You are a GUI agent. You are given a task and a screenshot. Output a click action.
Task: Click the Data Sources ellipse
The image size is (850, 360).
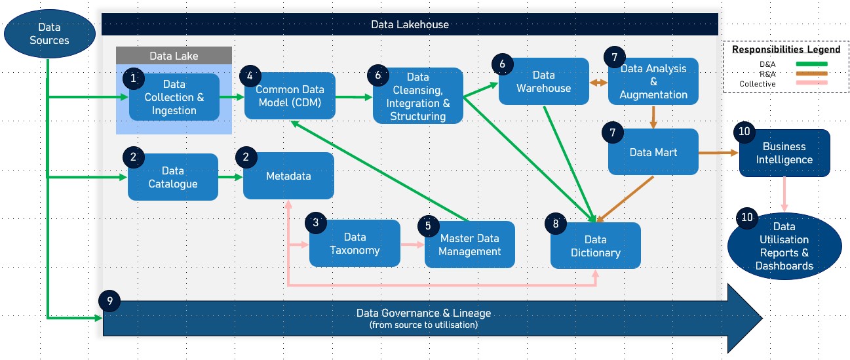49,34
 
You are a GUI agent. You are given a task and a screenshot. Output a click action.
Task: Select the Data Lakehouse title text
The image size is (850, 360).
410,24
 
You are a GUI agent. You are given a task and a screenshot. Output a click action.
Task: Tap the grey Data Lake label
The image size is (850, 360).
174,56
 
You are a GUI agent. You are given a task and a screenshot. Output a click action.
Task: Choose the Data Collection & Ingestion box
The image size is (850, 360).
174,97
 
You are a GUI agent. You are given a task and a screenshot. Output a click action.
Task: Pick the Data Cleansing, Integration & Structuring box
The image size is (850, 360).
418,96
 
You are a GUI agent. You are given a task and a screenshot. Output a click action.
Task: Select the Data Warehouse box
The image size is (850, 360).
544,81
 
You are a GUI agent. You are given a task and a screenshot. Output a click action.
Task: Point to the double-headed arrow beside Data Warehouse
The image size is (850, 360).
598,83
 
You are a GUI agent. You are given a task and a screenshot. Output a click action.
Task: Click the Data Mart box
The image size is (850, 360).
653,152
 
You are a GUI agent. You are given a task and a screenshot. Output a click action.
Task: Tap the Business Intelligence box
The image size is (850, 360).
784,153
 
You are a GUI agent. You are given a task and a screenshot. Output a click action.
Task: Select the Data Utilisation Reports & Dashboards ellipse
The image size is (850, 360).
784,246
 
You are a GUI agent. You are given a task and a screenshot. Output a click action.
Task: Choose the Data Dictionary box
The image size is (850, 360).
595,246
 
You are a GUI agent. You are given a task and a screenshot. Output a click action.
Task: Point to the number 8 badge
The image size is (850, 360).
556,224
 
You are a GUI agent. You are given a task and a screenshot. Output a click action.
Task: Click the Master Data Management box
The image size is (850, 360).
469,245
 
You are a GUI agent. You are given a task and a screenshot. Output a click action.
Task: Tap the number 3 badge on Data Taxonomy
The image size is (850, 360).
316,222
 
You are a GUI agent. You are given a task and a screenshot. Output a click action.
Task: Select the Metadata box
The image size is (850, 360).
288,176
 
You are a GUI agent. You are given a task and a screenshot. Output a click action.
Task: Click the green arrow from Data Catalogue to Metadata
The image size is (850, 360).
230,177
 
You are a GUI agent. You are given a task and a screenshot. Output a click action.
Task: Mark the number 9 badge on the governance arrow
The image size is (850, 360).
109,301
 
